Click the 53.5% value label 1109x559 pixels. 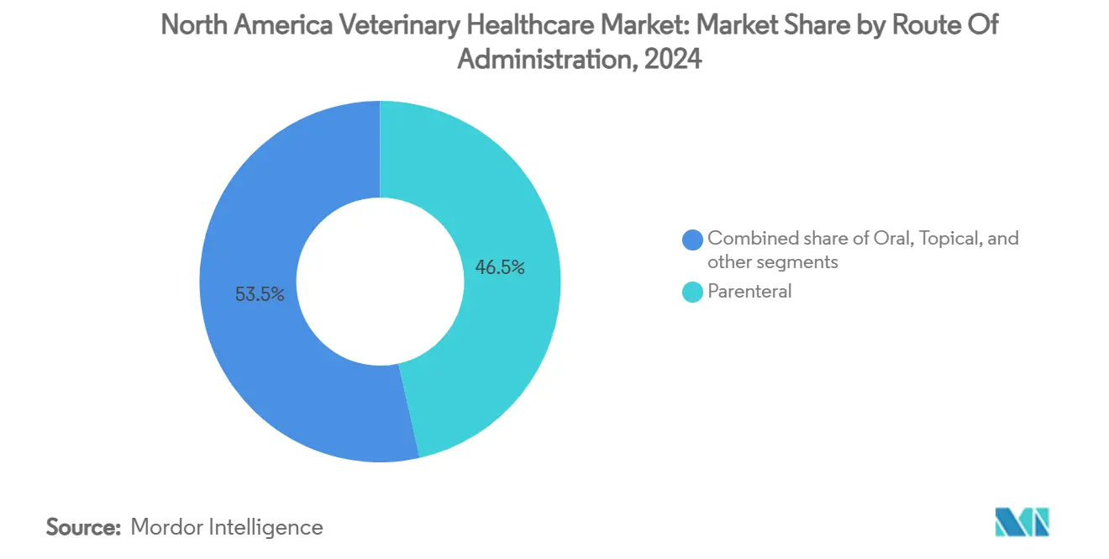point(260,294)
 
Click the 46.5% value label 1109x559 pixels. point(500,267)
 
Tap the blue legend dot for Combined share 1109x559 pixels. point(692,240)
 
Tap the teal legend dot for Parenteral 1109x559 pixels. point(692,293)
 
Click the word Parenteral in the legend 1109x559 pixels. point(749,293)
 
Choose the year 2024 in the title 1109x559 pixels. point(674,61)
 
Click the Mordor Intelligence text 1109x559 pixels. point(226,527)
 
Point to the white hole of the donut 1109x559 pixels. point(380,282)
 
